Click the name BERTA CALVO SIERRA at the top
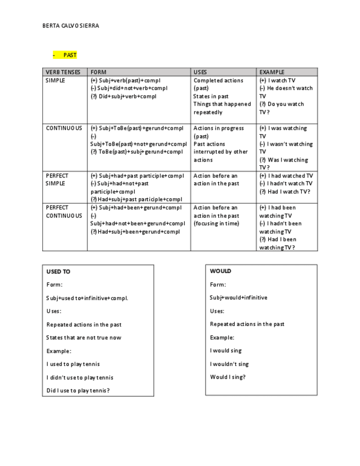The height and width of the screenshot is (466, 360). (x=71, y=25)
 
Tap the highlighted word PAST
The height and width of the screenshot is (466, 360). (x=70, y=55)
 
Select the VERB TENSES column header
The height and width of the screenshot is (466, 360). (x=63, y=72)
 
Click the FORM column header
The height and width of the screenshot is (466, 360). (x=99, y=72)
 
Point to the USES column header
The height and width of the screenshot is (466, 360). (x=201, y=72)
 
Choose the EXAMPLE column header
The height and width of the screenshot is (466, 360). (x=272, y=72)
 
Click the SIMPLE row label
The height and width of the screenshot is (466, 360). (x=56, y=80)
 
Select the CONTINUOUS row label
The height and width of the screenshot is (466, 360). (x=64, y=128)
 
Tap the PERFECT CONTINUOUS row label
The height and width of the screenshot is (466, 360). (x=64, y=212)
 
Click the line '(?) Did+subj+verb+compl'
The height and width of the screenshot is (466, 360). (x=124, y=96)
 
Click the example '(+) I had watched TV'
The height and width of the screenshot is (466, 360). (x=286, y=176)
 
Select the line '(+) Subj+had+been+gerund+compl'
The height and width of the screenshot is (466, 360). (x=136, y=208)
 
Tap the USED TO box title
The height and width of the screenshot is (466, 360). (x=58, y=271)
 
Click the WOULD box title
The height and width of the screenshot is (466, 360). (x=220, y=271)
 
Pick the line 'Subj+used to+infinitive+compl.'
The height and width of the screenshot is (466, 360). (x=87, y=298)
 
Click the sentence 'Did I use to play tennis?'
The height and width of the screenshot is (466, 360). (x=78, y=391)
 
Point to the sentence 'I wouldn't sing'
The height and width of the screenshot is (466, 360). (x=229, y=364)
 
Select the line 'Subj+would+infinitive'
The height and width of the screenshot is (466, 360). (x=239, y=297)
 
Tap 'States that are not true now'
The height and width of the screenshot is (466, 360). (x=84, y=337)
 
